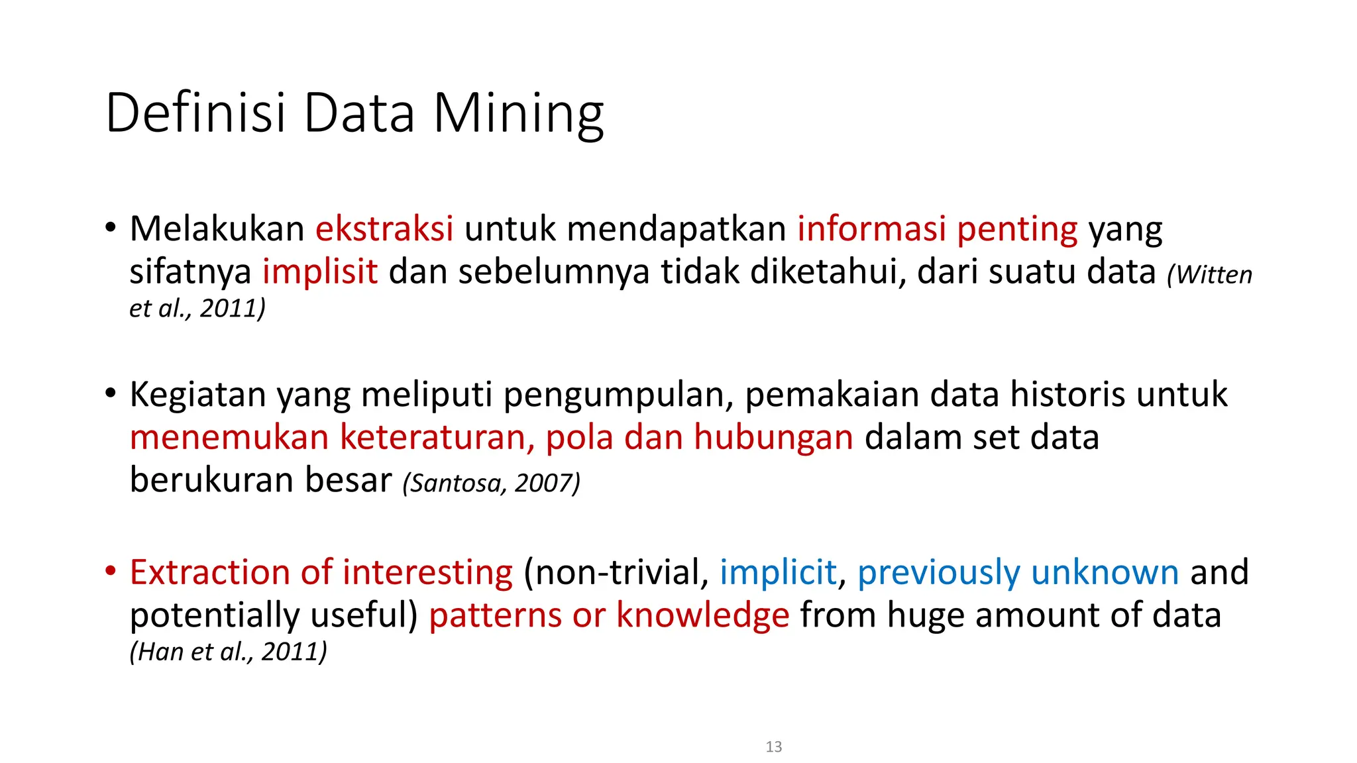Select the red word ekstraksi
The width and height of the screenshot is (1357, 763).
point(384,229)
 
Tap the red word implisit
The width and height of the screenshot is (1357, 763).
point(320,272)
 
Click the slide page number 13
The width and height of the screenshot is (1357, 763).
point(773,746)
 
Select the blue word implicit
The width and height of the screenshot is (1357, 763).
point(778,573)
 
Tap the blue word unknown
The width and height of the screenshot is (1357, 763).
point(1105,573)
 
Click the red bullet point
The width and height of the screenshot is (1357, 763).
point(111,570)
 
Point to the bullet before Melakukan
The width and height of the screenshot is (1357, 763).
point(111,227)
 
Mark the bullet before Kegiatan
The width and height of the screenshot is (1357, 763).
point(111,393)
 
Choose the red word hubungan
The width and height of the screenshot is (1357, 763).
point(773,438)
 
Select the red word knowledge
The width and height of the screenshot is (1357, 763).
point(702,615)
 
